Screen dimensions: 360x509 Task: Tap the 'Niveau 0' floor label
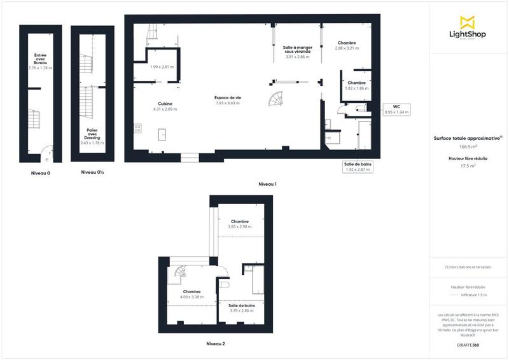[x=40, y=172]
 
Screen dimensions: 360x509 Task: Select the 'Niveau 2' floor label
[x=215, y=343]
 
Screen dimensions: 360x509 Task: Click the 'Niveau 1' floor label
[x=267, y=183]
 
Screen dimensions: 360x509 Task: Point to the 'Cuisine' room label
[x=165, y=104]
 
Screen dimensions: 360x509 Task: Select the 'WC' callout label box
[x=396, y=109]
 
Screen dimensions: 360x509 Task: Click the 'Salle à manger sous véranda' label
[x=297, y=50]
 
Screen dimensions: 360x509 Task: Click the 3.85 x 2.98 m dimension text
[x=240, y=226]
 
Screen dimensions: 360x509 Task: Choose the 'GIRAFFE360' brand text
[x=468, y=344]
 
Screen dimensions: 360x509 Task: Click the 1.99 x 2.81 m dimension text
[x=161, y=67]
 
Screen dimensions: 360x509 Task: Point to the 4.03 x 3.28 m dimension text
[x=192, y=297]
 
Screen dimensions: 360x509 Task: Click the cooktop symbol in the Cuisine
[x=138, y=128]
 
